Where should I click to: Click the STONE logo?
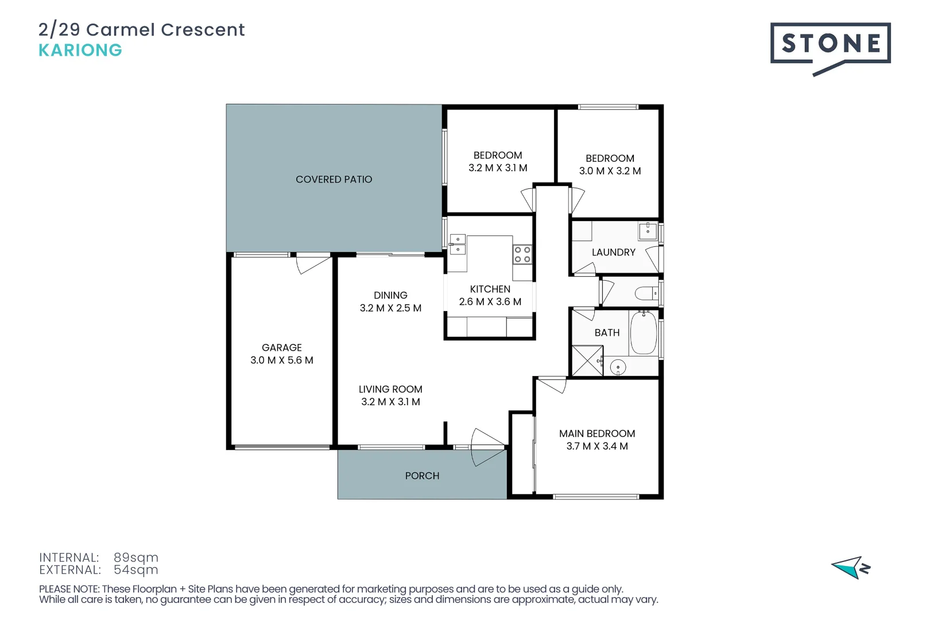point(830,44)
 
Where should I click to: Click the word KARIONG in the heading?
point(80,51)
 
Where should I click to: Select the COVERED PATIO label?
point(334,180)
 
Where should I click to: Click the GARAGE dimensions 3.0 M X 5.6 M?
point(281,361)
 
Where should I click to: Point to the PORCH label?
point(422,476)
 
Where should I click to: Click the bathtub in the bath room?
point(643,333)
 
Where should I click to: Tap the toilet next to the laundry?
point(646,294)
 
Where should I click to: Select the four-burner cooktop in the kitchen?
point(522,255)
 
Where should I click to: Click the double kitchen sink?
point(458,245)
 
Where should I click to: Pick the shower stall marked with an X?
point(587,361)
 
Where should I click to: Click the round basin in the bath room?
point(618,367)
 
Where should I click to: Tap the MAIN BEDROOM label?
point(597,434)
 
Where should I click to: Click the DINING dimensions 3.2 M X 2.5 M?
point(390,308)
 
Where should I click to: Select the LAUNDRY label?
point(613,253)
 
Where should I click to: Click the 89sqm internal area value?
point(135,557)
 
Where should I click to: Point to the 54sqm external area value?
point(135,570)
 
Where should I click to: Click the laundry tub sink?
point(648,231)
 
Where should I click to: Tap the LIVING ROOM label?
point(390,389)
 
